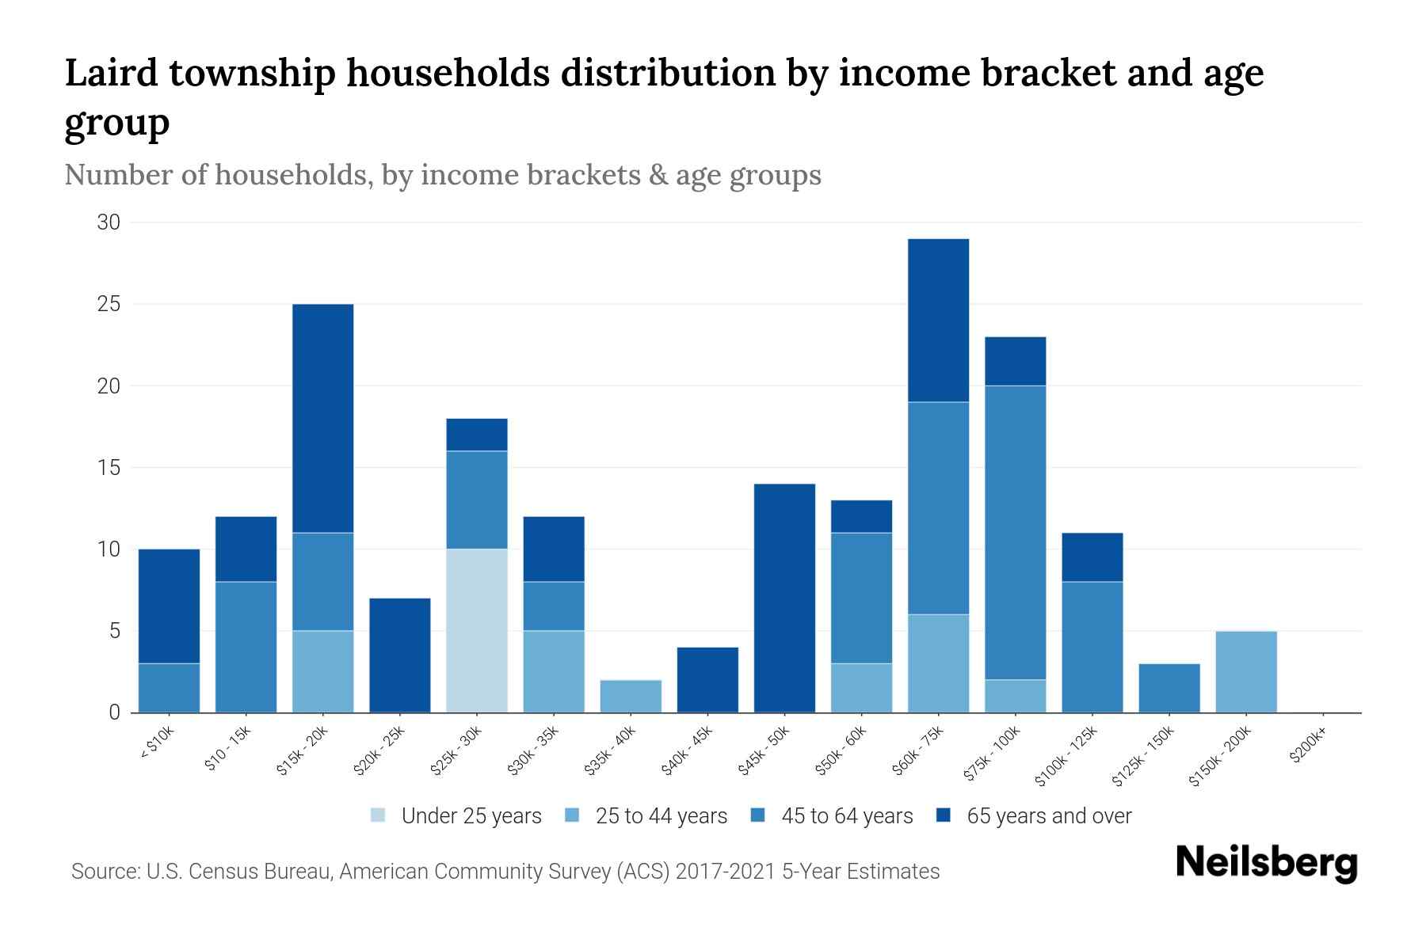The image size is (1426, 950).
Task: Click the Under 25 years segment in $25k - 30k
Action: (477, 630)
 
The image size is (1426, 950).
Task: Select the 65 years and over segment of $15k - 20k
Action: (323, 418)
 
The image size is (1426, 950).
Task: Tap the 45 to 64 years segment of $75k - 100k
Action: (1015, 532)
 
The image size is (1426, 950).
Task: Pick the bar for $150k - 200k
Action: (1246, 671)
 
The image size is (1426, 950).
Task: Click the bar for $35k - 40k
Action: (631, 696)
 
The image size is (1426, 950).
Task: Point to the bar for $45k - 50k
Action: (784, 598)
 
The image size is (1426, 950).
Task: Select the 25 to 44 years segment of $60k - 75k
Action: (938, 663)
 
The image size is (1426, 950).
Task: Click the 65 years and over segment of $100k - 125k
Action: (1092, 557)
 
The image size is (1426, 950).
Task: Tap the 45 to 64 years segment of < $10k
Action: (169, 687)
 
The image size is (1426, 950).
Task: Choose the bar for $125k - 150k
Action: (1169, 688)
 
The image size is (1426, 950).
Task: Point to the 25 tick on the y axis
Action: (109, 304)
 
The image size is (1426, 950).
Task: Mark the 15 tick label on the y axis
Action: (109, 468)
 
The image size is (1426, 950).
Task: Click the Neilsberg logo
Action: (1266, 863)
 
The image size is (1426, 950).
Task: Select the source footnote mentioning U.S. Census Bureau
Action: (505, 872)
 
